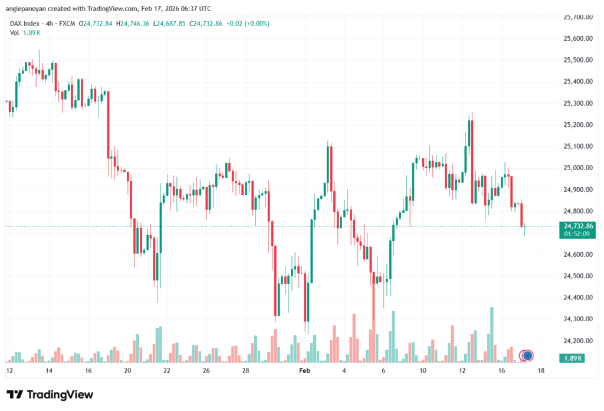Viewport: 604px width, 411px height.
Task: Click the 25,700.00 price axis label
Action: click(x=578, y=17)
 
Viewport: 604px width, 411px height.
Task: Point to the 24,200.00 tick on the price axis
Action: click(x=578, y=341)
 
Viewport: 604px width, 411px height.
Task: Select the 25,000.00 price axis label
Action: click(x=578, y=168)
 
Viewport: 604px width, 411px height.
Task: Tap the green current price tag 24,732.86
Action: click(x=578, y=226)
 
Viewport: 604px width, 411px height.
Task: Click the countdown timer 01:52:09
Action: click(x=578, y=234)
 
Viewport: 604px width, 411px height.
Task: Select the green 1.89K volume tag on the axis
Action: click(x=574, y=358)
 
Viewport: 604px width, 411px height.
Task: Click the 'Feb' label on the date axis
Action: click(x=304, y=371)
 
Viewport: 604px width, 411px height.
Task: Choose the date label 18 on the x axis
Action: click(x=541, y=371)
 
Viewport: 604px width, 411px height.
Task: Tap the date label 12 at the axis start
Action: click(x=9, y=371)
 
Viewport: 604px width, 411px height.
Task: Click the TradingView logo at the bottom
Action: click(x=50, y=394)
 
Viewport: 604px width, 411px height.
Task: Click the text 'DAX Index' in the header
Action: click(x=25, y=23)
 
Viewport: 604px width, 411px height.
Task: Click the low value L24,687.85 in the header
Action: click(x=169, y=23)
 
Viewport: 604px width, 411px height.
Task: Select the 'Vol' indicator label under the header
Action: click(x=14, y=32)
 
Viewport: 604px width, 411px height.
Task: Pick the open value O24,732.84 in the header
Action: click(x=94, y=23)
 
